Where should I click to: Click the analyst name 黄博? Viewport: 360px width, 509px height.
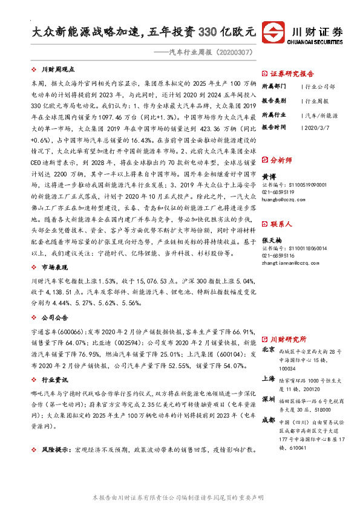pyautogui.click(x=268, y=159)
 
